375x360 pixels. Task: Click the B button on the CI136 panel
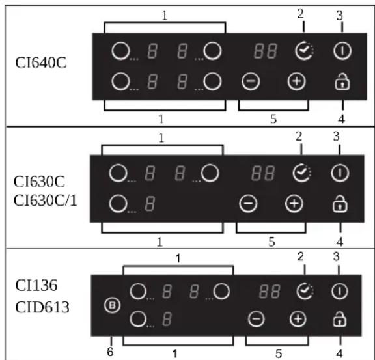pos(112,305)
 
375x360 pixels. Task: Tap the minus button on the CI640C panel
pos(251,81)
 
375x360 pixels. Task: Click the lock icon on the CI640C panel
pos(342,82)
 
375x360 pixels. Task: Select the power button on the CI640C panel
pos(342,51)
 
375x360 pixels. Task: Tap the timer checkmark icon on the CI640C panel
pos(304,51)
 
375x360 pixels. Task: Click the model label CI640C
pos(41,63)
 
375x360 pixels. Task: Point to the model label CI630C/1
pos(45,201)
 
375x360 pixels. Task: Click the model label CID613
pos(42,307)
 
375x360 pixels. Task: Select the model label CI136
pos(36,285)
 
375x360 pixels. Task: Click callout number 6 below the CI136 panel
pos(110,352)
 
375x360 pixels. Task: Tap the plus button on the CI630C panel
pos(294,204)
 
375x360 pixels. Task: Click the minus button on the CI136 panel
pos(257,319)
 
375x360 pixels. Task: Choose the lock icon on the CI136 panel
pos(340,319)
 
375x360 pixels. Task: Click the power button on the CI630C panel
pos(340,173)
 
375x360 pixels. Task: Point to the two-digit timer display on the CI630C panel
pos(263,173)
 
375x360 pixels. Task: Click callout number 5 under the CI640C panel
pos(273,119)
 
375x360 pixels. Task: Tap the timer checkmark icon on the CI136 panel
pos(305,291)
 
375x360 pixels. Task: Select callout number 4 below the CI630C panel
pos(340,242)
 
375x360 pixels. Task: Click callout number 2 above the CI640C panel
pos(301,14)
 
